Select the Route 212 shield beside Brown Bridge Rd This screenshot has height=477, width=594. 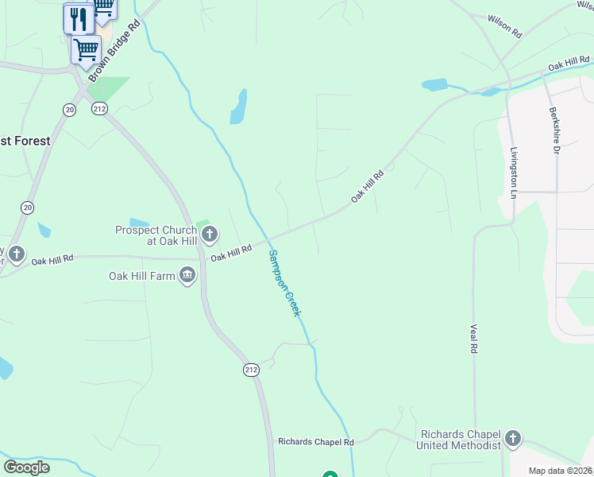99,109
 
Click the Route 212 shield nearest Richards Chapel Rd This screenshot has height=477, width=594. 252,370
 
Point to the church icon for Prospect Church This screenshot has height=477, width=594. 210,234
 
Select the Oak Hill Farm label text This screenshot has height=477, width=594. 142,277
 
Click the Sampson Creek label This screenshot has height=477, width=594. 284,283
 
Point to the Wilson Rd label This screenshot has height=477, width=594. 504,26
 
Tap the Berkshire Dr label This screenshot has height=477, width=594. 553,132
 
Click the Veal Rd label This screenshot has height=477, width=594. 474,339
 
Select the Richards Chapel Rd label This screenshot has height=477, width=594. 315,441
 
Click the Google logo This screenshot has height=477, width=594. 27,467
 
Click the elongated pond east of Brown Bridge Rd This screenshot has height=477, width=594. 238,107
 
